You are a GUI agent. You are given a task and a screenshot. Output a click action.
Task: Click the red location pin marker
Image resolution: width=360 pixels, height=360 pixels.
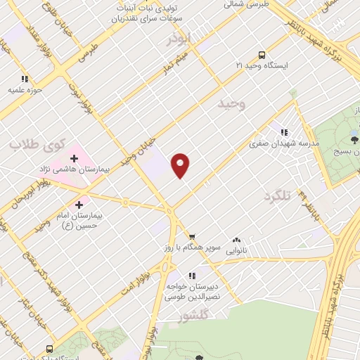coord(181,165)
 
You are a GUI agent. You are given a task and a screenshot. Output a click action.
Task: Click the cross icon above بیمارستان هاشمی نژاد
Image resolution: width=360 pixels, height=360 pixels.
coord(74,159)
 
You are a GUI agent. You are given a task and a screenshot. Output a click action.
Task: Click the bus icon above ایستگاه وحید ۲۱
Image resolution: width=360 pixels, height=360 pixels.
coord(262,54)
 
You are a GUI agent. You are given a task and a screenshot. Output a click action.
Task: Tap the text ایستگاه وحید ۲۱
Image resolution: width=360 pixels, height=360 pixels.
coord(261,65)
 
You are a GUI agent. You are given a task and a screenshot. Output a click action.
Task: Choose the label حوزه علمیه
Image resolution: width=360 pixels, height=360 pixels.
coord(26,90)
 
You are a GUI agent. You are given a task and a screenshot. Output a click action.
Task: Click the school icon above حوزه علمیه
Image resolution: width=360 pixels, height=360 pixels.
coord(25,79)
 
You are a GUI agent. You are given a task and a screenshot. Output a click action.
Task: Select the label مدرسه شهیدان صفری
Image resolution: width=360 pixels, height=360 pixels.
coord(284,143)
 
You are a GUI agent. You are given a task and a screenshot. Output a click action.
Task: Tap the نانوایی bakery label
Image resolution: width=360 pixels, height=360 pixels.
coord(236,249)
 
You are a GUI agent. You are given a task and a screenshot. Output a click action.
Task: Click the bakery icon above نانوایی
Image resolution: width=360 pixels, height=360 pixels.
coord(236,238)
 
